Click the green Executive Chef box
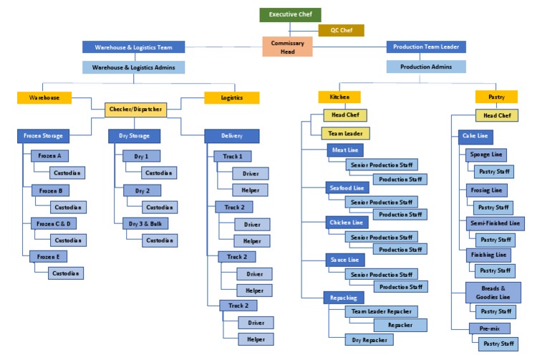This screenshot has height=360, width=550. pos(290,14)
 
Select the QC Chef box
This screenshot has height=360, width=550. pos(341,30)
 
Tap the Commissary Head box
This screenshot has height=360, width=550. pos(287,47)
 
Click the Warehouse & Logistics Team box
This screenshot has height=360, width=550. pos(133,47)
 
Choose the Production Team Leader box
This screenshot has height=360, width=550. pos(426,47)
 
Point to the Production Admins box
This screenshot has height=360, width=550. pos(426,67)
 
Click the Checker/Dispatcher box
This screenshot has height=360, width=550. pos(135,110)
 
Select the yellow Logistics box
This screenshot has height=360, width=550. pos(231,97)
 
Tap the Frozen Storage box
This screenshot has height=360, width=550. pos(44,135)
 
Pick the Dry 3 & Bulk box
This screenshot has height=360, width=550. pos(145,223)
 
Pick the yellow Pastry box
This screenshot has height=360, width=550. pos(496,97)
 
